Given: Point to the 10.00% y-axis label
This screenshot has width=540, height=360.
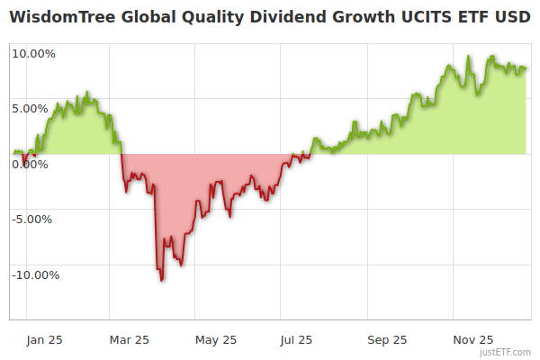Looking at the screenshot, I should click(x=33, y=53).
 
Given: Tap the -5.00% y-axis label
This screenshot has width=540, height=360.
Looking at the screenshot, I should click(x=34, y=219).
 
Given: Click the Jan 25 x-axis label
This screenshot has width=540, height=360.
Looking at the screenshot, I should click(x=44, y=339).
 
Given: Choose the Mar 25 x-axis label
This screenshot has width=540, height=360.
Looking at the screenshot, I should click(x=129, y=339).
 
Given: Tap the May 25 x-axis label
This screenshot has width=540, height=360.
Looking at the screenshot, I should click(x=215, y=339).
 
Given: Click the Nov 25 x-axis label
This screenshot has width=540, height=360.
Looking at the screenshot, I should click(x=472, y=339).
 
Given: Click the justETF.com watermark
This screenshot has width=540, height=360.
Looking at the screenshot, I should click(x=506, y=352).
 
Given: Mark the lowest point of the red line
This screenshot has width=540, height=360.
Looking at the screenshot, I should click(x=162, y=280).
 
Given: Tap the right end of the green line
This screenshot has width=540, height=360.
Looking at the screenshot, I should click(x=526, y=67).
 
